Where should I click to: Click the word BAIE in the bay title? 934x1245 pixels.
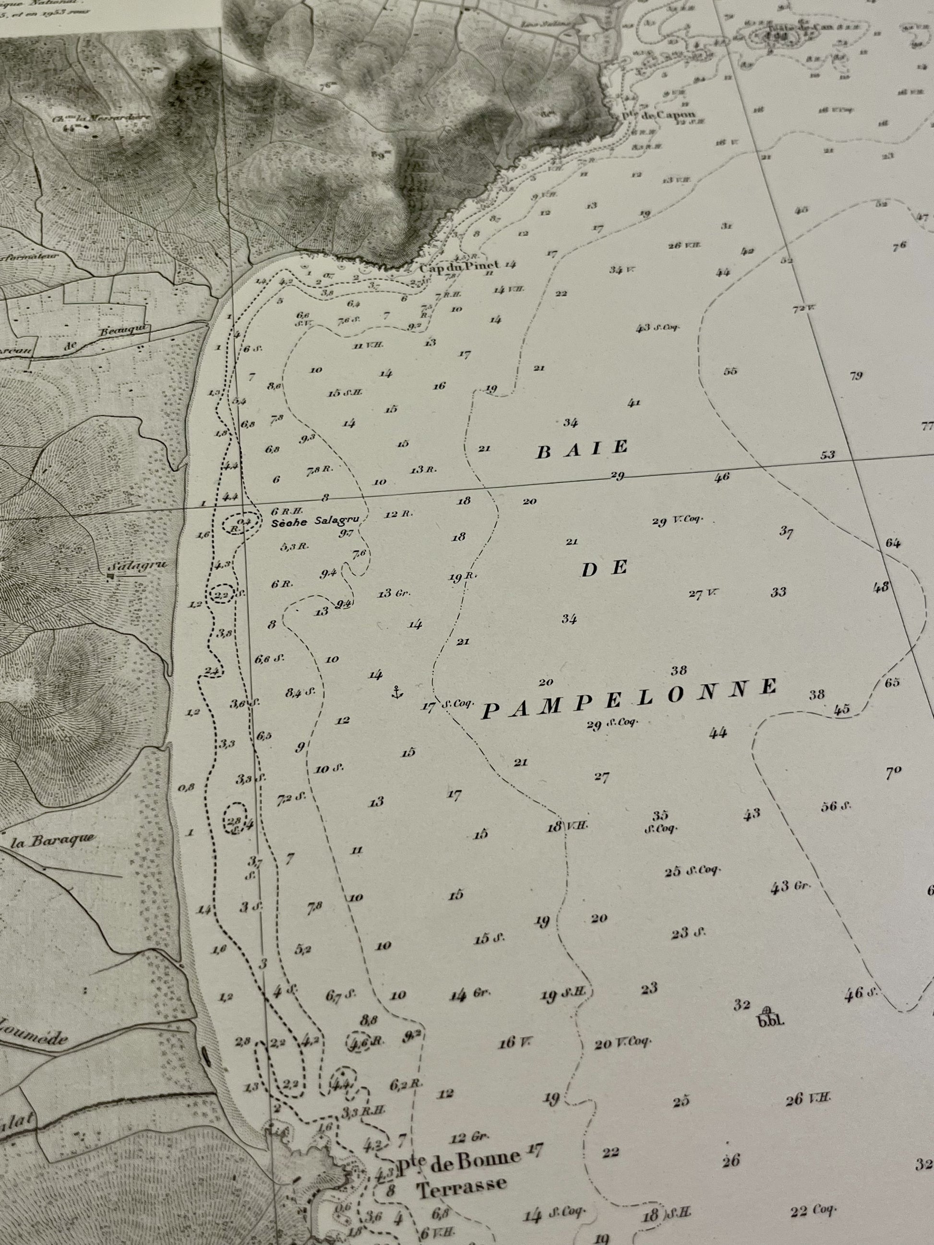582,449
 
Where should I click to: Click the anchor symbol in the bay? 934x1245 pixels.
397,693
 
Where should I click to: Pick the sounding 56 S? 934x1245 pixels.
836,806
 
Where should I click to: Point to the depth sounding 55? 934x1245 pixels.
730,371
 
